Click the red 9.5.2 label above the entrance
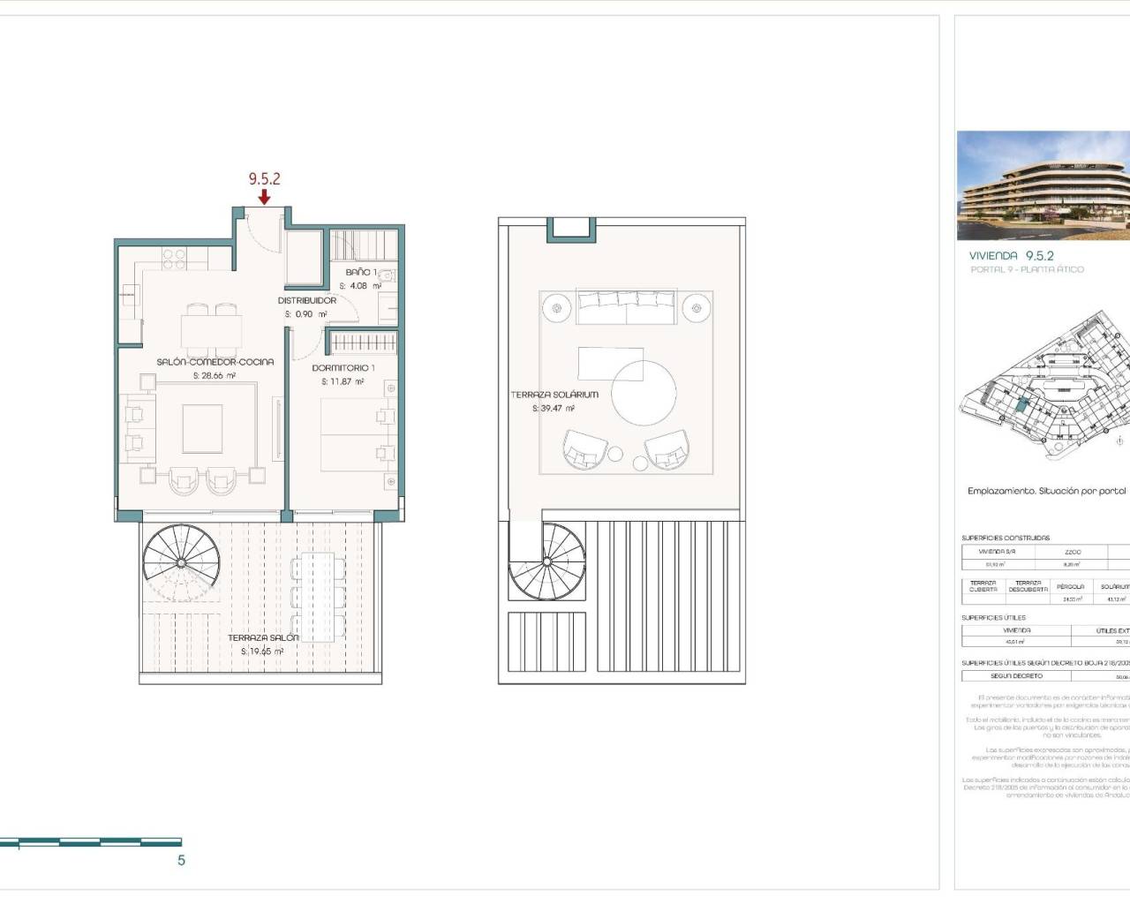click(x=264, y=178)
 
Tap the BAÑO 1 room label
click(x=360, y=272)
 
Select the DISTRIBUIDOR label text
click(x=306, y=300)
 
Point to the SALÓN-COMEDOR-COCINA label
click(x=215, y=362)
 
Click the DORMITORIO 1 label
click(x=343, y=368)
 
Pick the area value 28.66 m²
click(x=215, y=376)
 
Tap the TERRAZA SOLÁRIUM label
click(x=554, y=395)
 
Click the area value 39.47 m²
click(x=554, y=409)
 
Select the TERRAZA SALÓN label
click(x=263, y=637)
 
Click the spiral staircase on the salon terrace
click(x=181, y=562)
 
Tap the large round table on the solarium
click(x=644, y=393)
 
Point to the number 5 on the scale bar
click(x=182, y=861)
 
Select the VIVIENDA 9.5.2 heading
click(x=1011, y=255)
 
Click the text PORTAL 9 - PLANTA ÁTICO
click(x=1027, y=269)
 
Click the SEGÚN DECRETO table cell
click(x=1016, y=676)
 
